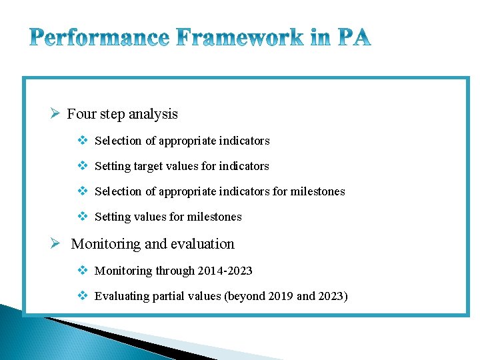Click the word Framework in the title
[x=239, y=38]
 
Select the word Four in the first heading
[x=82, y=114]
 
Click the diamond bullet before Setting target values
[x=83, y=166]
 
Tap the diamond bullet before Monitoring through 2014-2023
[x=83, y=270]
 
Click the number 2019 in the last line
[x=279, y=296]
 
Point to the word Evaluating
[x=121, y=296]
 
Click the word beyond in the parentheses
[x=245, y=296]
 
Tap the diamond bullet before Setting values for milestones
[x=83, y=217]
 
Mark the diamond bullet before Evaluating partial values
[x=83, y=296]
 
